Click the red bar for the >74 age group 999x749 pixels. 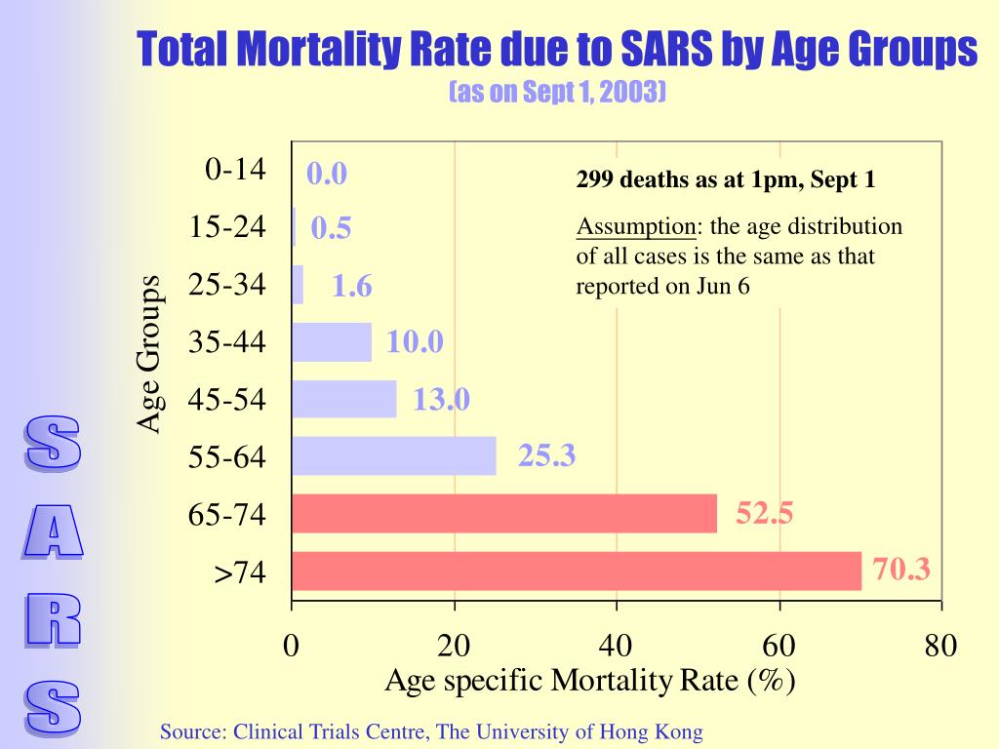pyautogui.click(x=576, y=571)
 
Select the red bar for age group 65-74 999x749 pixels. pyautogui.click(x=503, y=513)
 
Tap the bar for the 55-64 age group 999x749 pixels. pyautogui.click(x=393, y=455)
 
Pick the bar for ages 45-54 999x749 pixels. pyautogui.click(x=343, y=399)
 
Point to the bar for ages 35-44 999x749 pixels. pyautogui.click(x=332, y=342)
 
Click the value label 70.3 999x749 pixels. pyautogui.click(x=901, y=569)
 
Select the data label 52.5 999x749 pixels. pyautogui.click(x=764, y=512)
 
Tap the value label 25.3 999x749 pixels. pyautogui.click(x=546, y=454)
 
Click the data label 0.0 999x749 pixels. pyautogui.click(x=327, y=174)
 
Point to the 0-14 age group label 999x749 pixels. pyautogui.click(x=235, y=169)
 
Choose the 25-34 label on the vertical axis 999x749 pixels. pyautogui.click(x=227, y=285)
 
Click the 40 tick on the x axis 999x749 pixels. pyautogui.click(x=617, y=646)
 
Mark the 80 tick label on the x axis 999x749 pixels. pyautogui.click(x=941, y=646)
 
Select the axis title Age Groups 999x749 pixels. pyautogui.click(x=148, y=353)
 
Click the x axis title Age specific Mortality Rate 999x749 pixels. pyautogui.click(x=590, y=681)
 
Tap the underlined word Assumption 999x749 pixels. pyautogui.click(x=635, y=227)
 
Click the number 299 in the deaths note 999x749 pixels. pyautogui.click(x=593, y=180)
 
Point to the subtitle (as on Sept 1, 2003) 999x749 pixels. pyautogui.click(x=557, y=92)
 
